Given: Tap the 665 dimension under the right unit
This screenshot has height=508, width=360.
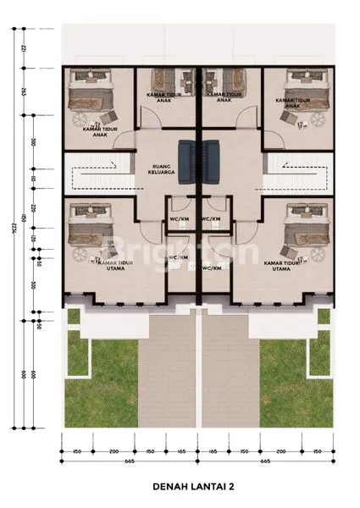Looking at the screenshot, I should [266, 462].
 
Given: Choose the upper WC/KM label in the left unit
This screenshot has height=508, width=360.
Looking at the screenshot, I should [179, 218].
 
